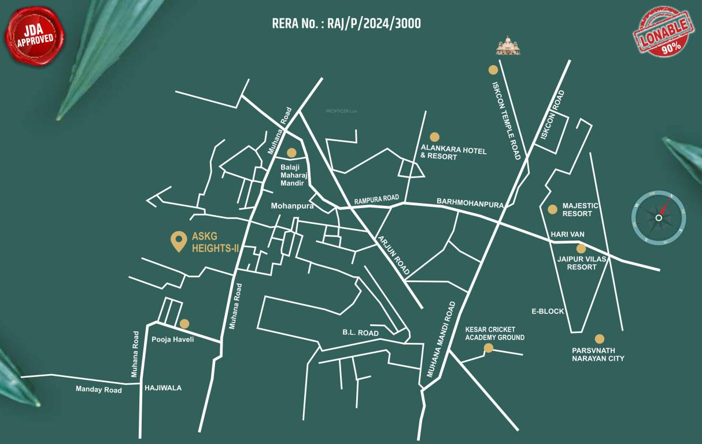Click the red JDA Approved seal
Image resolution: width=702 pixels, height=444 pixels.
35,35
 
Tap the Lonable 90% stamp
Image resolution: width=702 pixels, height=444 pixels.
663,32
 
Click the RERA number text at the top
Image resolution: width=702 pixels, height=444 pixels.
346,24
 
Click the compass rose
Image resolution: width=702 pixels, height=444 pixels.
659,217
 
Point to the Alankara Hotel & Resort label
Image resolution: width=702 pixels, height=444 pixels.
453,153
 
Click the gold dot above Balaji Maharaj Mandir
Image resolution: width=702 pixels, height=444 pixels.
291,153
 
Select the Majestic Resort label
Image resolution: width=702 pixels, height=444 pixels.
581,210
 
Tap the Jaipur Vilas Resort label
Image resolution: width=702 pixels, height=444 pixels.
582,263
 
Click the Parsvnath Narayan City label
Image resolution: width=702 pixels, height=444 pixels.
598,354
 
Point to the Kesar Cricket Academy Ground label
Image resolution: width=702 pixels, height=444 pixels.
494,334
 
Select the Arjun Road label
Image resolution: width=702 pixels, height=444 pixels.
394,255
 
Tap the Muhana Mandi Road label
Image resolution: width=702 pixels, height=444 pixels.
441,340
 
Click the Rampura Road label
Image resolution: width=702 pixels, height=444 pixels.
376,200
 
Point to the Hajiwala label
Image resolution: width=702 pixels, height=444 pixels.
162,388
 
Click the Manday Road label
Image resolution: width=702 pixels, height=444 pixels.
99,390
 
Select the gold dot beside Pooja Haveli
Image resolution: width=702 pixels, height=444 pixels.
184,324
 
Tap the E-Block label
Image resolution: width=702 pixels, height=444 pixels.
548,311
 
